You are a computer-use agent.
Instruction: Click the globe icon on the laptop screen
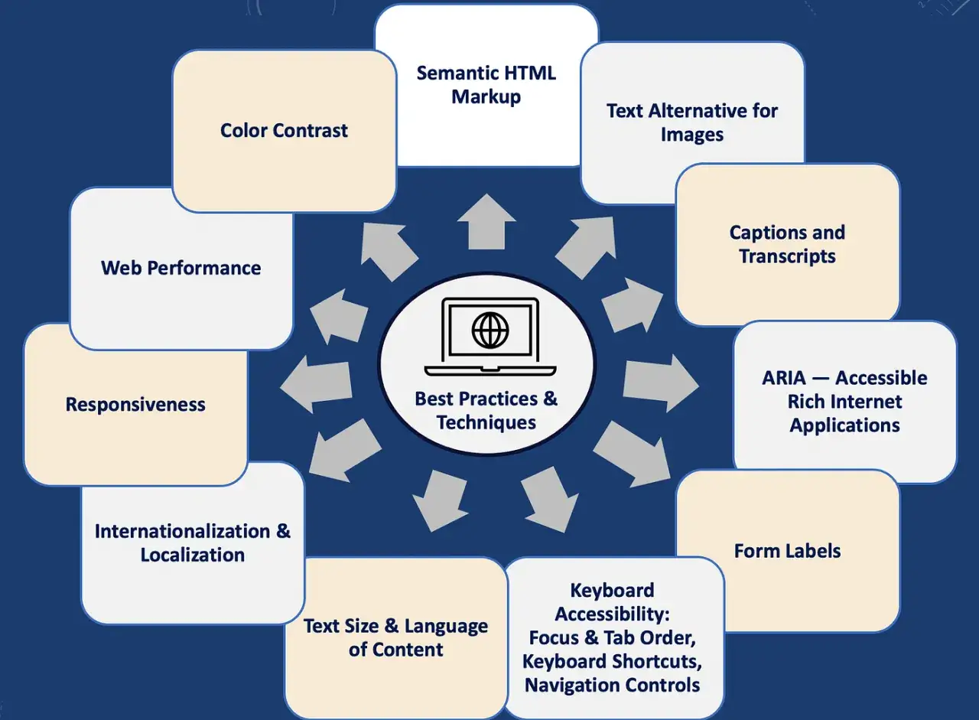490,330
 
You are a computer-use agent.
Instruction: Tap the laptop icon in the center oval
490,337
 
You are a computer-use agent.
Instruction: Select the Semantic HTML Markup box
486,86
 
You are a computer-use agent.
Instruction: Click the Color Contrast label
284,130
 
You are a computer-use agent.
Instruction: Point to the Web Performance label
181,268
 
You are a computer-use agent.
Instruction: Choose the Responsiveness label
135,404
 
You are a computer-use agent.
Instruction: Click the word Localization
192,555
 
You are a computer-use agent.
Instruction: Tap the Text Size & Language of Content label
395,638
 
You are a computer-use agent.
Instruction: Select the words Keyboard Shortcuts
612,661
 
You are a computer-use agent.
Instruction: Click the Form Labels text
787,551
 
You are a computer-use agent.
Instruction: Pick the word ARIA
784,378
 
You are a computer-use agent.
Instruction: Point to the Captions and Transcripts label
787,244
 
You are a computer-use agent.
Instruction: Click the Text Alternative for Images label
692,123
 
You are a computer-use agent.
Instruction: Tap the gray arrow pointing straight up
486,222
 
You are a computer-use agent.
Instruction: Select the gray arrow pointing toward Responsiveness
316,384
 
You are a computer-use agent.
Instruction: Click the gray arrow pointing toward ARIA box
661,383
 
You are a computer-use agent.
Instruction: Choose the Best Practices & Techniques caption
486,410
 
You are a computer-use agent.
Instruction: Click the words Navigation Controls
612,685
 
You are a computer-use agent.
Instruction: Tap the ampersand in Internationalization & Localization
283,531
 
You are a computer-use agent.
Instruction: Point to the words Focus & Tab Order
612,638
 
